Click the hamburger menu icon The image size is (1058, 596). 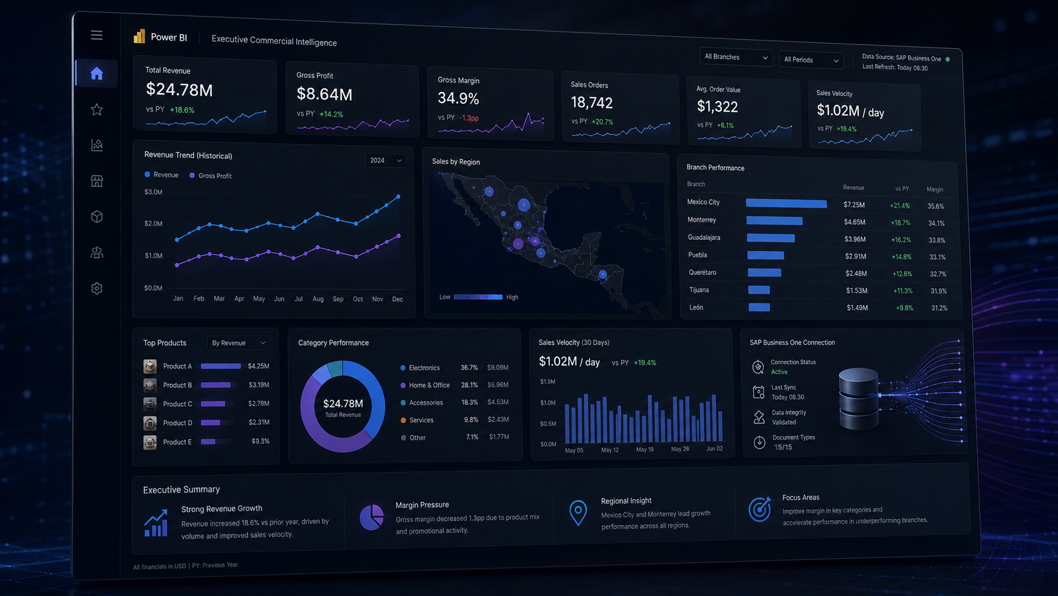(96, 35)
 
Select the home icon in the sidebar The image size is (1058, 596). (96, 73)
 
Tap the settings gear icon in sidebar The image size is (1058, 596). (97, 288)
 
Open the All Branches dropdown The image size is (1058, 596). (735, 57)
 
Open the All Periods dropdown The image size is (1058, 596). (811, 60)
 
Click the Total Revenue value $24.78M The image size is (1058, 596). (180, 89)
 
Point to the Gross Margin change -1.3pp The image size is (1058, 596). (469, 118)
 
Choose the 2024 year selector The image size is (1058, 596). (385, 161)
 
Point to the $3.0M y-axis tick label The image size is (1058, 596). (153, 192)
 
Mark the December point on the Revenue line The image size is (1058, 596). (398, 196)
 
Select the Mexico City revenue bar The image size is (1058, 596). (787, 203)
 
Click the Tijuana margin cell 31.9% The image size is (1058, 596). (938, 291)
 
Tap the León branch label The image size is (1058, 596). (696, 307)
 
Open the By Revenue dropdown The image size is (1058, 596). (238, 343)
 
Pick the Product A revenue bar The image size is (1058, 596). (221, 366)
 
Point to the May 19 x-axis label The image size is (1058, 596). (645, 450)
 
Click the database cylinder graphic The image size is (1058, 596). (859, 399)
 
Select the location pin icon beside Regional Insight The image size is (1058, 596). (578, 512)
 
